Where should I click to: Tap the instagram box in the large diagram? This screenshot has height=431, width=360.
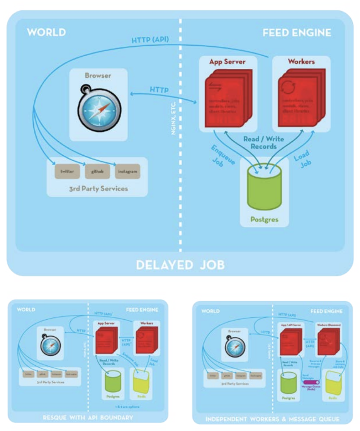coord(127,171)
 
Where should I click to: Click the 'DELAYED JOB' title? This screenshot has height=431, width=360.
coord(180,265)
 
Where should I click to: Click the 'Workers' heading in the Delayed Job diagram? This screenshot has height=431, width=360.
coord(301,61)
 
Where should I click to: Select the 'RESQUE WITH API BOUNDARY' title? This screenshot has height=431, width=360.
coord(88,417)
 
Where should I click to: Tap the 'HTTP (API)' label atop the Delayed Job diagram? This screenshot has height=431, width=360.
coord(150,40)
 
